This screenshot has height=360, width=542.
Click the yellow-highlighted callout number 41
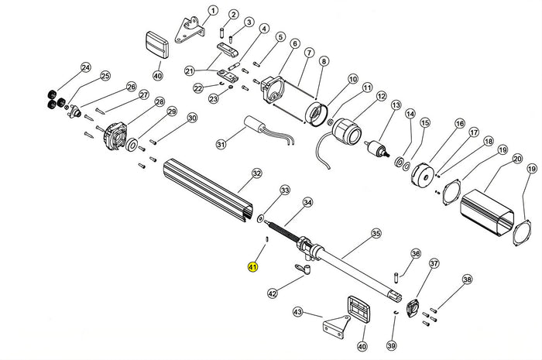tap(252, 267)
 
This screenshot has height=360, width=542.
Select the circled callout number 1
tap(213, 11)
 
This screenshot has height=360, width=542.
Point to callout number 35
tap(376, 232)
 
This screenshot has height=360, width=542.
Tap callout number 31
tap(221, 144)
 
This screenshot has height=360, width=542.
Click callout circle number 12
tap(381, 96)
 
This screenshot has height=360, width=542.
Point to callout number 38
tap(466, 279)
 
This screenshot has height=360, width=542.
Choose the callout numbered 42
tap(272, 293)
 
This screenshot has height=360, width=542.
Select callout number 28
tap(160, 102)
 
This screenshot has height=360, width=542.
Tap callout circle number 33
tap(263, 190)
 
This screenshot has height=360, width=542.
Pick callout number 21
tap(188, 71)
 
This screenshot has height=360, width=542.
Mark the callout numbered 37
tap(434, 264)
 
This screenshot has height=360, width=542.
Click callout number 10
tap(352, 79)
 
